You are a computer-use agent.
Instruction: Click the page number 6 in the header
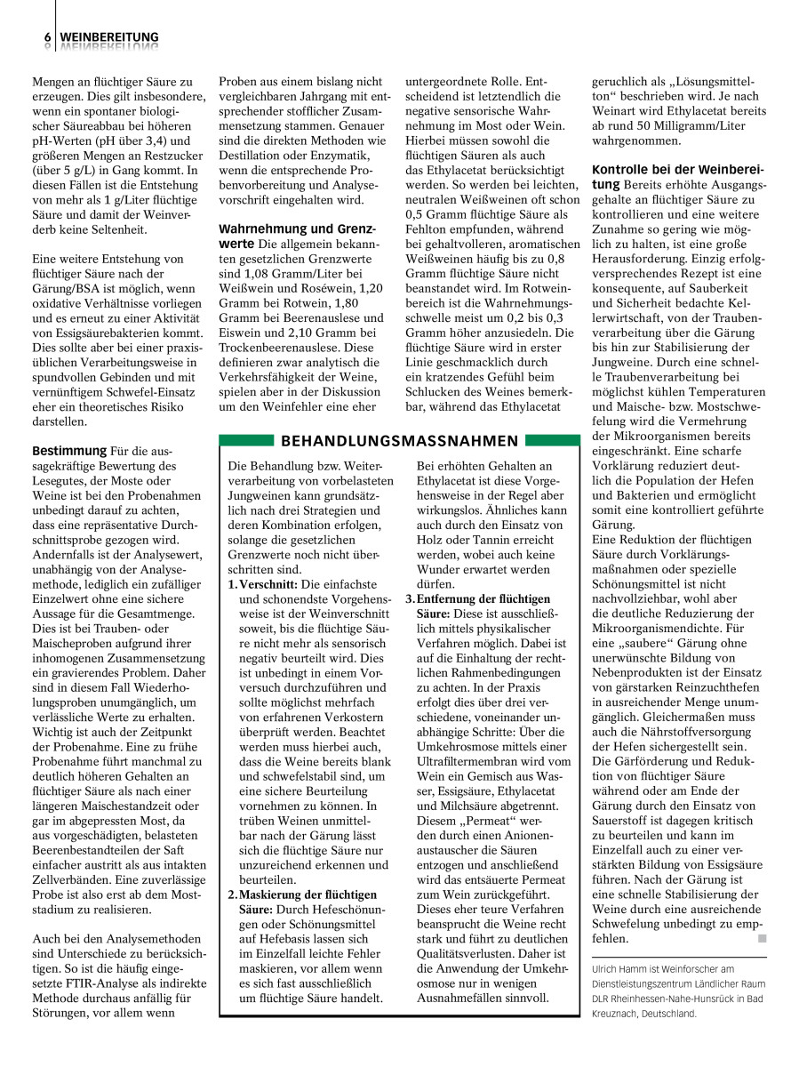click(x=46, y=37)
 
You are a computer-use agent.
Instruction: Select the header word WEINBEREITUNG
click(x=109, y=37)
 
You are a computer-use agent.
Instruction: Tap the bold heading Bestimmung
click(x=69, y=451)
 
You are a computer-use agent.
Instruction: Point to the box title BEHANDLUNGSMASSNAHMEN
click(x=399, y=441)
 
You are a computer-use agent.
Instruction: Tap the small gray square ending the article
click(x=760, y=938)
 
